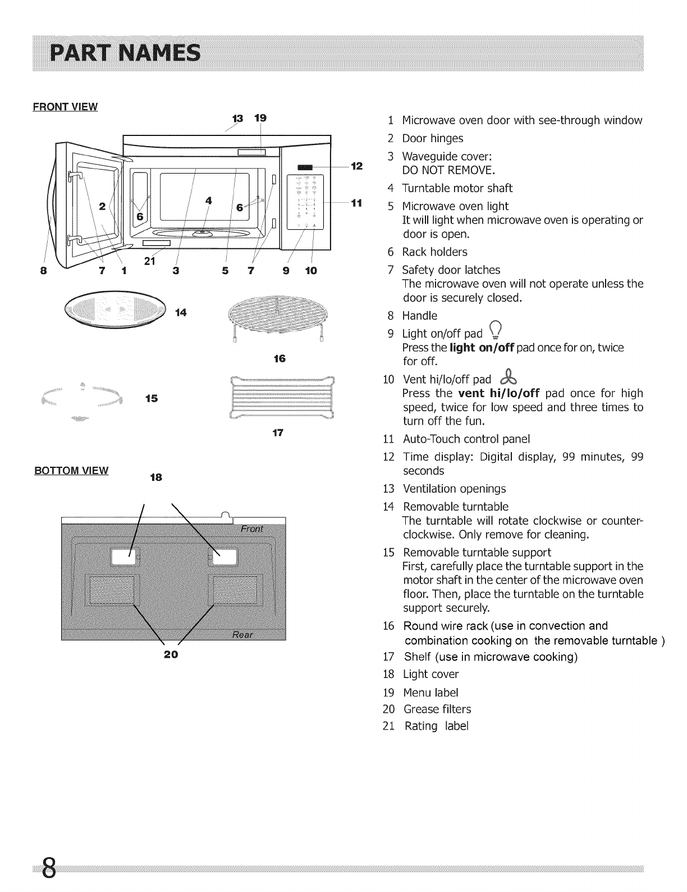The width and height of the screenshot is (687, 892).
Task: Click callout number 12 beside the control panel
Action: coord(356,166)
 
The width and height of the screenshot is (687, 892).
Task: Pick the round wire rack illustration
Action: coord(278,318)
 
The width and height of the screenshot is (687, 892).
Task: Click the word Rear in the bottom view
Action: coord(242,635)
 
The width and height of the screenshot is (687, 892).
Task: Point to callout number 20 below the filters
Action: coord(171,654)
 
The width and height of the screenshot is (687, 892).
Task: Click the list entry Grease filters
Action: coord(437,709)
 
